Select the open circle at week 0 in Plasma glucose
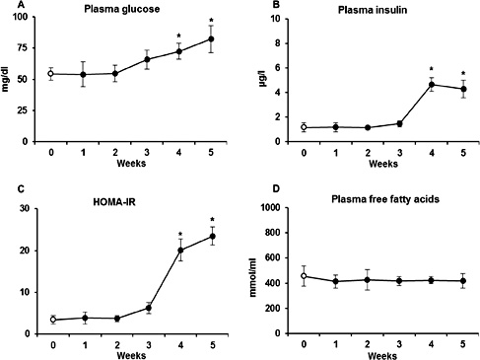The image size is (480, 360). pos(53,74)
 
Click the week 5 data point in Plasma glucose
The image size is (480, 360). pos(209,38)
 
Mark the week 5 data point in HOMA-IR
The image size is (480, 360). pos(210,236)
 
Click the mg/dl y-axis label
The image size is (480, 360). pos(8,80)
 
